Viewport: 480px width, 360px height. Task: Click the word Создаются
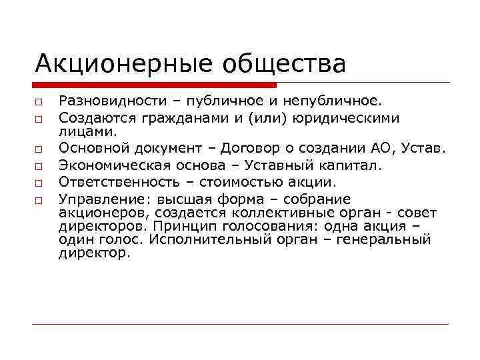(x=93, y=118)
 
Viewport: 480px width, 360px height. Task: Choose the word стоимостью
(x=249, y=182)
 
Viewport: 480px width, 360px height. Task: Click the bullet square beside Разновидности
(x=39, y=102)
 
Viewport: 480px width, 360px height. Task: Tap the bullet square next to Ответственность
(x=39, y=183)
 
